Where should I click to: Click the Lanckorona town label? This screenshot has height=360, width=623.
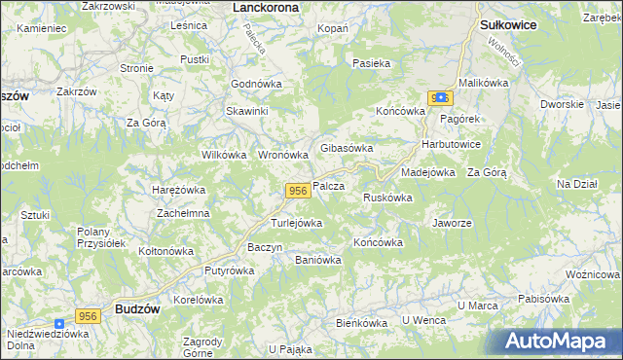click(x=266, y=7)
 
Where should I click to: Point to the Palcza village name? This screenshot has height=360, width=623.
click(x=330, y=185)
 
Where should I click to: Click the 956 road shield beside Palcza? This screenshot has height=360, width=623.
click(x=298, y=191)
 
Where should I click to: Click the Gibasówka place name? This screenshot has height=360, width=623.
click(x=347, y=148)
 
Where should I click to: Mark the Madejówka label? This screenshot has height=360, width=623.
click(x=428, y=172)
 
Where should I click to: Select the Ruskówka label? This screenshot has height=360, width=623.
click(x=387, y=198)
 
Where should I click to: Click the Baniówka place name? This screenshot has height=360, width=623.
click(x=317, y=260)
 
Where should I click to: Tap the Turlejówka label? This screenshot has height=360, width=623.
click(x=296, y=223)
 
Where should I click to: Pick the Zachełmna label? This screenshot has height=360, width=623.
click(x=183, y=213)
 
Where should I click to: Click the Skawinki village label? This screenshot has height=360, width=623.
click(x=247, y=111)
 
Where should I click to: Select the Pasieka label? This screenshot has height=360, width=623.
click(x=372, y=63)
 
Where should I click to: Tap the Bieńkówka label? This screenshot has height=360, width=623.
click(x=362, y=322)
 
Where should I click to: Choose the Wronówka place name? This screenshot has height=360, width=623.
click(x=283, y=155)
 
